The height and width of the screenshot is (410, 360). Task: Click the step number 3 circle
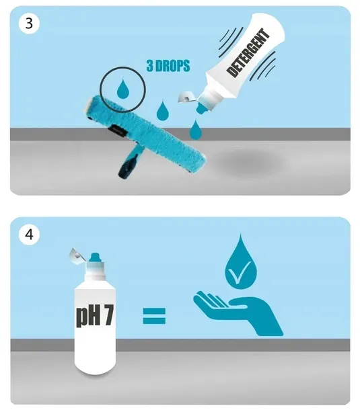tap(29, 24)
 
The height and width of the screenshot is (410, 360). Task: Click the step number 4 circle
tap(29, 234)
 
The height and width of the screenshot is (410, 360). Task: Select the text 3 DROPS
tap(168, 65)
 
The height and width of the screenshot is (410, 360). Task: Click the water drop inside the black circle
tap(122, 89)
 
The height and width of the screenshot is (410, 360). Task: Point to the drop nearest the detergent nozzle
tap(194, 130)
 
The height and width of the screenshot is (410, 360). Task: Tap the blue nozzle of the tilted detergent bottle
tap(203, 108)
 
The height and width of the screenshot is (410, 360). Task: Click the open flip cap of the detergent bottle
tap(186, 97)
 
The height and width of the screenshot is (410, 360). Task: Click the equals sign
tap(154, 316)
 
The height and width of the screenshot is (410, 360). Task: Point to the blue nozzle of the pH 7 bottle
tap(94, 257)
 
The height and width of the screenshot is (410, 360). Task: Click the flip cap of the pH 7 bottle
tap(76, 254)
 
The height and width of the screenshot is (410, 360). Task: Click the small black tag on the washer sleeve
tap(117, 131)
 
